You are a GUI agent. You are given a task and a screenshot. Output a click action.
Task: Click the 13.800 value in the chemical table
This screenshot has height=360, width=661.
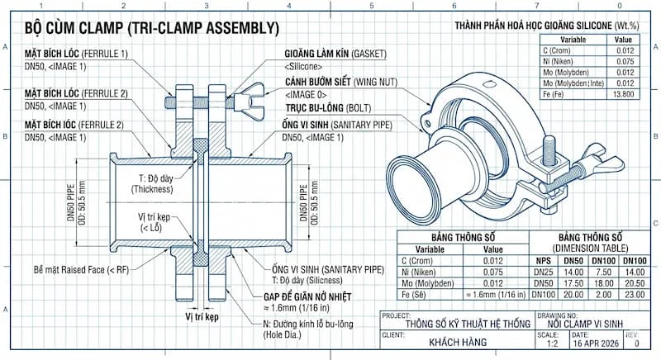624,95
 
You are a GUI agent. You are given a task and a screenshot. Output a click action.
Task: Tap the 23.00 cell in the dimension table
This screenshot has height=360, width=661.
634,295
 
